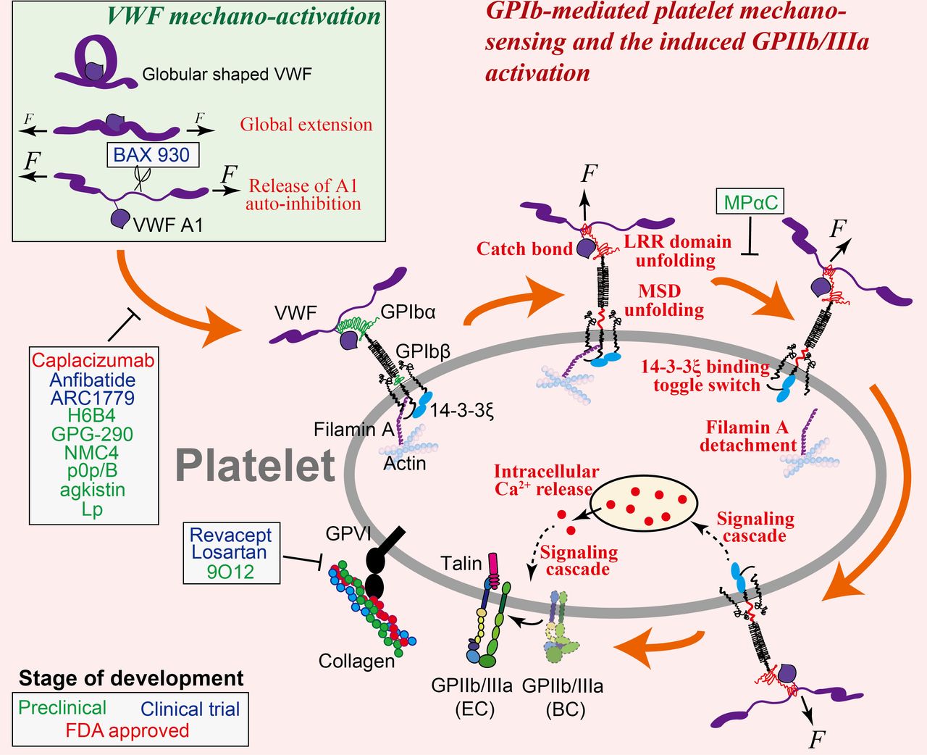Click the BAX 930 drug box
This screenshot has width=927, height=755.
click(154, 154)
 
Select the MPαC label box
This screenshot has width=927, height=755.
click(750, 201)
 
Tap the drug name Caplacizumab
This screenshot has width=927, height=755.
click(93, 361)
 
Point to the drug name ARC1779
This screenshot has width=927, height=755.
click(93, 398)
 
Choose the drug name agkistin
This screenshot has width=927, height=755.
click(93, 490)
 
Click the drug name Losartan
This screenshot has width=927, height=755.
click(230, 552)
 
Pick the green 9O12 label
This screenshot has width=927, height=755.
click(230, 571)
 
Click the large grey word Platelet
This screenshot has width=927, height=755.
click(256, 465)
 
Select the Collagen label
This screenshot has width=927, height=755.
click(356, 661)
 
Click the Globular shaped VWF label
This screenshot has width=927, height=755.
click(227, 75)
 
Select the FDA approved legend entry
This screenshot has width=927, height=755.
click(127, 730)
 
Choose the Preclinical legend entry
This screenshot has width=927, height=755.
click(62, 708)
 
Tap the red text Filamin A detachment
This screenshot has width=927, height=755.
click(747, 436)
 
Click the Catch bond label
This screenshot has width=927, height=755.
click(524, 249)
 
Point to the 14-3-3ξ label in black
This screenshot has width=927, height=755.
click(462, 410)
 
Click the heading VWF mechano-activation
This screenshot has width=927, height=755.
click(244, 17)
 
